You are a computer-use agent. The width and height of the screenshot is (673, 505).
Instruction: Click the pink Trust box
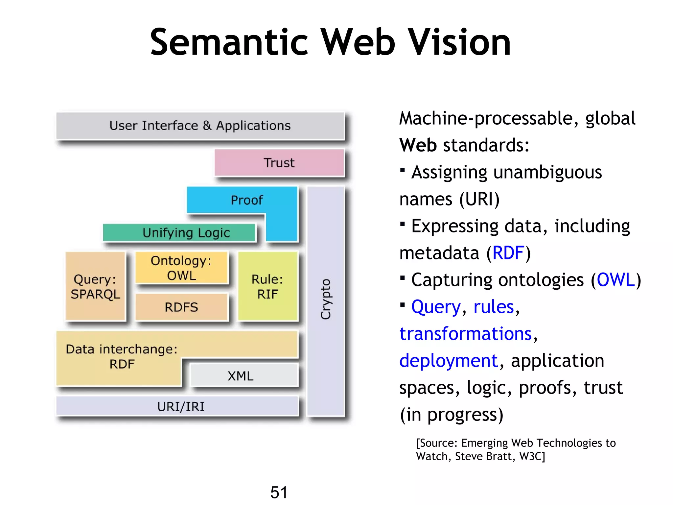click(279, 163)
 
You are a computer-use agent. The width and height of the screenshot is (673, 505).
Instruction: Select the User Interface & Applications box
click(200, 126)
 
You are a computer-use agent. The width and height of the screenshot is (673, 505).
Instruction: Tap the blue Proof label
click(246, 200)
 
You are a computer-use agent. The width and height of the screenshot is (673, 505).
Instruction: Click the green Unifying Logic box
click(179, 233)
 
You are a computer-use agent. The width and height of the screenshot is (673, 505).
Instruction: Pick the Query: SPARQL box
click(95, 286)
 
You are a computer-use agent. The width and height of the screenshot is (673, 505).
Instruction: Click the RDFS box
click(181, 307)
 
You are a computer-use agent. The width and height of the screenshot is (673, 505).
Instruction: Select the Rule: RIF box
click(267, 286)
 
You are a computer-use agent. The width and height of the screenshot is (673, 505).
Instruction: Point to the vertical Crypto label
click(326, 299)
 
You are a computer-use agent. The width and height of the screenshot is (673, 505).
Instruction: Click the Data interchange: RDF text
click(122, 356)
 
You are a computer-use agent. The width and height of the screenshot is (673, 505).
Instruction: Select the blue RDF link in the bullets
click(508, 253)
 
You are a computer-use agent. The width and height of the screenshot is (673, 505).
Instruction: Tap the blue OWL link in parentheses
click(615, 280)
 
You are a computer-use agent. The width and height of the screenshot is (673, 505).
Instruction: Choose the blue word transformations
click(465, 334)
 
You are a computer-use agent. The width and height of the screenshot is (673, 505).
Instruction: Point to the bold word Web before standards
click(418, 145)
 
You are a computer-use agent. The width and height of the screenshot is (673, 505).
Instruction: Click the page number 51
click(279, 492)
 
